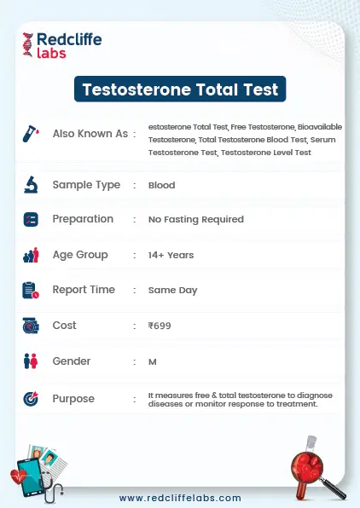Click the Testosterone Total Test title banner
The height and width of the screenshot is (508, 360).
point(179,89)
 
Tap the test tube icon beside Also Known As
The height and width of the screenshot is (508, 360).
point(31,134)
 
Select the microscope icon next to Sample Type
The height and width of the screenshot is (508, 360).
point(31,184)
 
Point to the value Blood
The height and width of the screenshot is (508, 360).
point(161,185)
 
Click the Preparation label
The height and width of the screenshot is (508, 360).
point(83,219)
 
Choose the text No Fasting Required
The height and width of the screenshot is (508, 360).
point(195,219)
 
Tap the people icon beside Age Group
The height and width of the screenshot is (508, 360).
point(31,255)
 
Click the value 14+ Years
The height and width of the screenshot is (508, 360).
point(171,255)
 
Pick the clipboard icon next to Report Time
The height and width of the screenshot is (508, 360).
point(31,290)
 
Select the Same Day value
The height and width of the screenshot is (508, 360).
point(172,290)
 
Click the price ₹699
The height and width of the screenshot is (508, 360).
point(160,326)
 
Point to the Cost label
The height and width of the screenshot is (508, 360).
point(65,326)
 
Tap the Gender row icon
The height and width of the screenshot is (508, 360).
point(31,361)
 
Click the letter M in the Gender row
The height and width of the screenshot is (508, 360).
point(152,361)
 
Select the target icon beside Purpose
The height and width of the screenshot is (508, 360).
point(31,398)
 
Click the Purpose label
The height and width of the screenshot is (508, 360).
point(73,398)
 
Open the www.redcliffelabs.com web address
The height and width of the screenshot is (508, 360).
point(180,498)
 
